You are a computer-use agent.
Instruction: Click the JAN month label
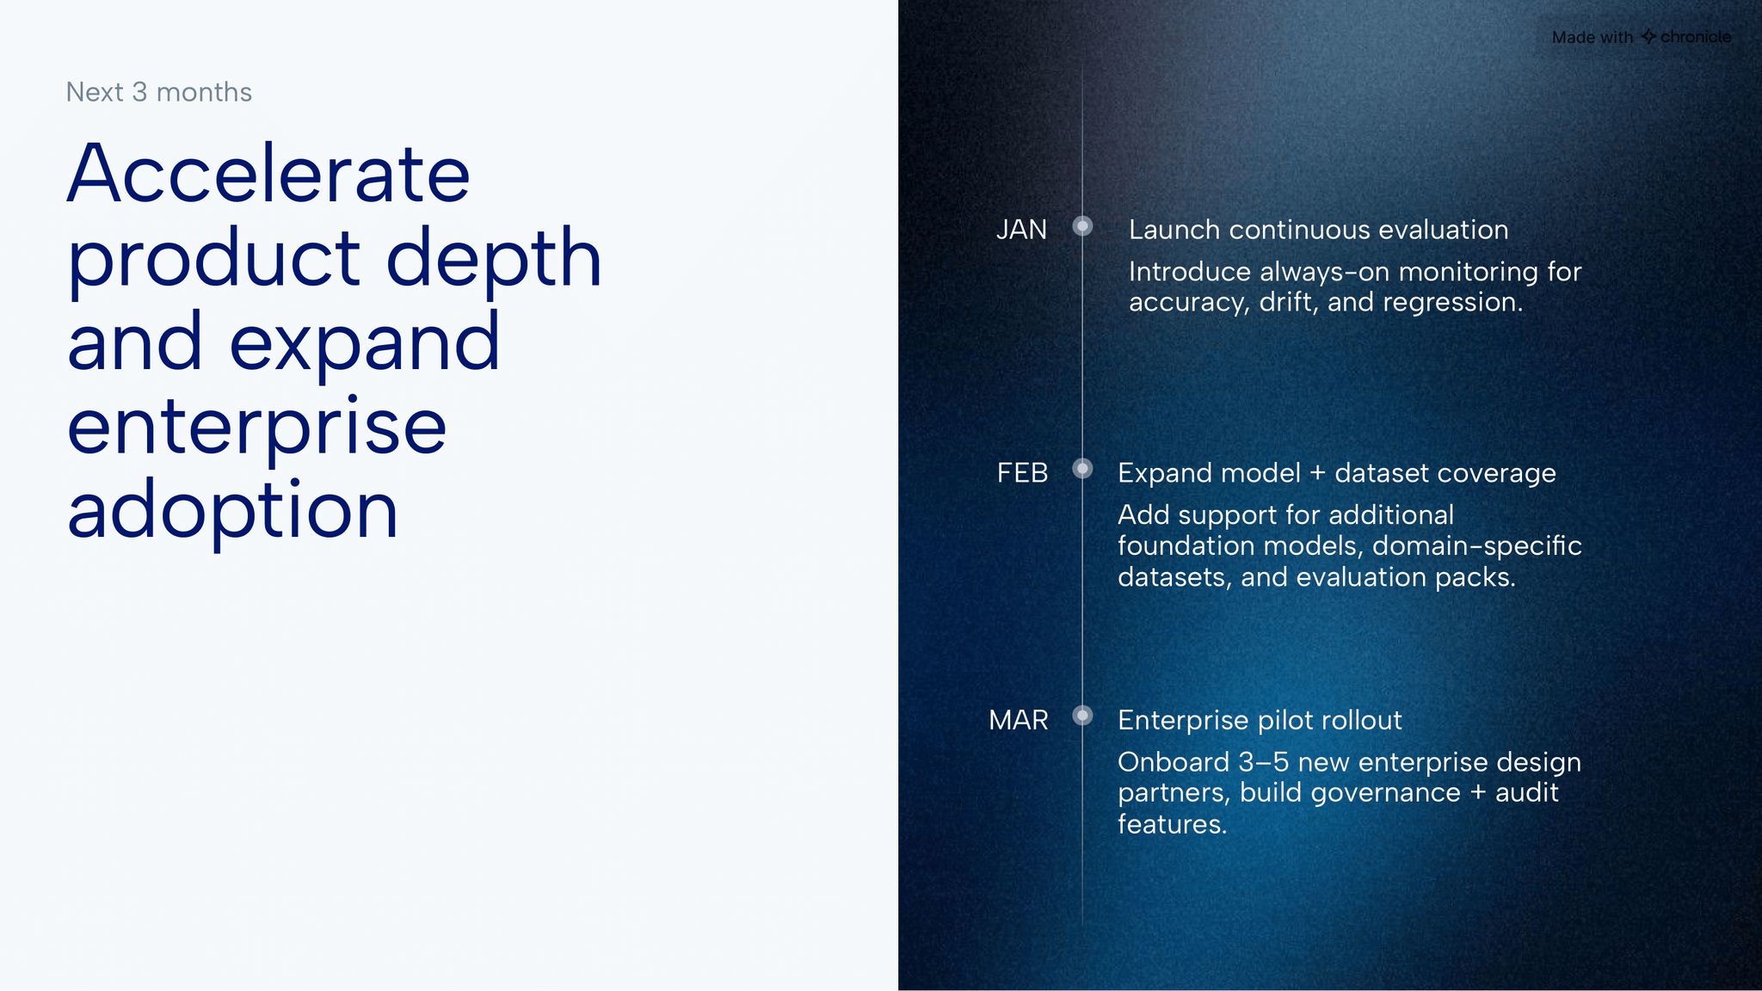(x=1021, y=230)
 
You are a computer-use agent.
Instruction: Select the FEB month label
(x=1022, y=473)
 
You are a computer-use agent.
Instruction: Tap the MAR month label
(x=1019, y=720)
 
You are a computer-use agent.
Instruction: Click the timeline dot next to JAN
(x=1082, y=226)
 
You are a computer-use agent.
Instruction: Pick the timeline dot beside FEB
(x=1082, y=469)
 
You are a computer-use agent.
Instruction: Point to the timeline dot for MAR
(x=1082, y=716)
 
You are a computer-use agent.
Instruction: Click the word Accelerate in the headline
(x=268, y=174)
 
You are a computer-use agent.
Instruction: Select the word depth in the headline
(x=494, y=258)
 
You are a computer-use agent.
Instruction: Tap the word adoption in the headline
(x=232, y=510)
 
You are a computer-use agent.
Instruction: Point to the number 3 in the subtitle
(x=139, y=92)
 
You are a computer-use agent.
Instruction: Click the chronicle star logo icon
(x=1648, y=36)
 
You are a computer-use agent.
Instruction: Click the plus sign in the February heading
(x=1317, y=473)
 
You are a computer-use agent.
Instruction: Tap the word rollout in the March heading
(x=1362, y=720)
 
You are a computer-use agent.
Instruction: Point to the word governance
(x=1393, y=793)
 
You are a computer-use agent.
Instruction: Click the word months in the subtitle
(x=204, y=92)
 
